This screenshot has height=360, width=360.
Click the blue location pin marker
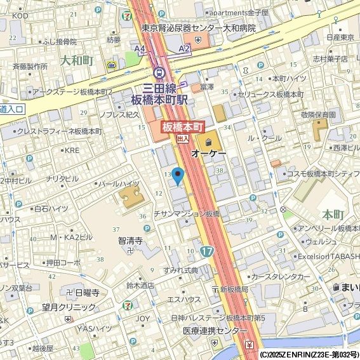178,175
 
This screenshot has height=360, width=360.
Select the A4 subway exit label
140,48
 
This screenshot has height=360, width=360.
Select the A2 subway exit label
184,48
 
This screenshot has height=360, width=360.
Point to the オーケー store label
208,153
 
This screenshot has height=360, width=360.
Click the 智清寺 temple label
130,241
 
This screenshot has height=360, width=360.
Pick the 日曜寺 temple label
87,293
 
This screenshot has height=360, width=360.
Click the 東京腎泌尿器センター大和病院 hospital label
199,29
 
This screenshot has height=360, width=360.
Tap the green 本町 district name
333,214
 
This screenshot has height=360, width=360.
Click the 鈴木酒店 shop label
140,285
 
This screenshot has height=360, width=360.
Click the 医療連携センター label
215,331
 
